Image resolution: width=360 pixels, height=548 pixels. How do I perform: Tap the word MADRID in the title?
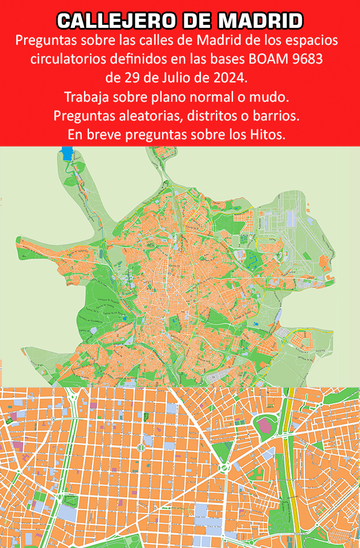coord(260,22)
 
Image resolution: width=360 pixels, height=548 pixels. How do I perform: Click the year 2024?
coord(232,78)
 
